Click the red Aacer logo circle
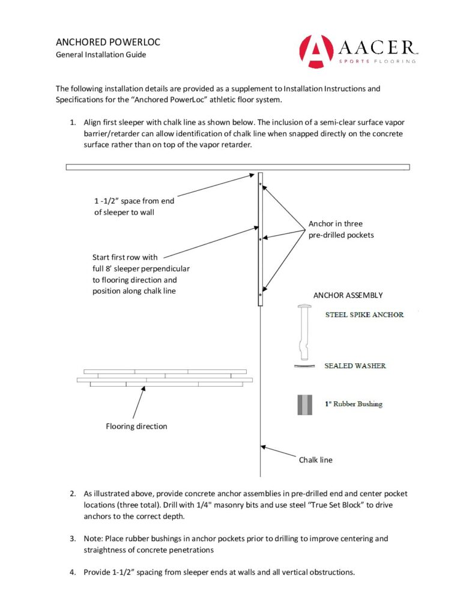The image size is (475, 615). pos(316,51)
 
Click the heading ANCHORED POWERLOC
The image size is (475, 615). pos(107,43)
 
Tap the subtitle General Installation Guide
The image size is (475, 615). pos(101,55)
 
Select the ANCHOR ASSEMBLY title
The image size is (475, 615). pos(348,295)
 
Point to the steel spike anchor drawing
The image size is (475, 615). pos(303,331)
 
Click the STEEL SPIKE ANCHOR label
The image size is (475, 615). pos(364,315)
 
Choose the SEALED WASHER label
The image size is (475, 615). pos(355,366)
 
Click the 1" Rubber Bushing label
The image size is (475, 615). pos(353,404)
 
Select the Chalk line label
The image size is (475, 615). pos(315,460)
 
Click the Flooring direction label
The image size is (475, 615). pos(136,426)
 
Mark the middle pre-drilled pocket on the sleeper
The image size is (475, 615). pos(260,239)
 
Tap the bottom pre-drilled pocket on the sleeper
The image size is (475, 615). pos(260,295)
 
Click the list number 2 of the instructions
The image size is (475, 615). pos(72,494)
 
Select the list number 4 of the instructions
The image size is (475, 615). pos(72,572)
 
